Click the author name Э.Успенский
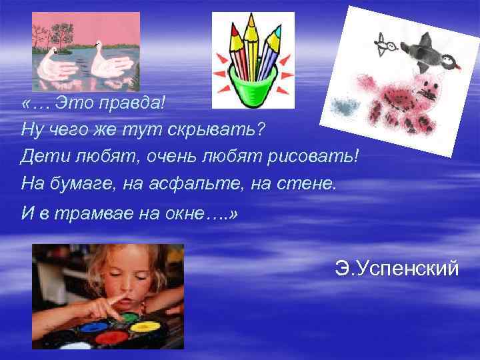pos(397,269)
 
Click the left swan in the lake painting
pos(59,65)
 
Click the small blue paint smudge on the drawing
pos(343,106)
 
